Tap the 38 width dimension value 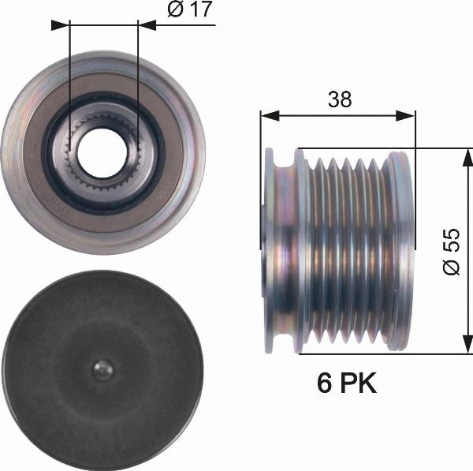340,99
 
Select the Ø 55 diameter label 452,252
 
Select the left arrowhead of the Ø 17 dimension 61,25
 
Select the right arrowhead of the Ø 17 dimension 147,25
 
